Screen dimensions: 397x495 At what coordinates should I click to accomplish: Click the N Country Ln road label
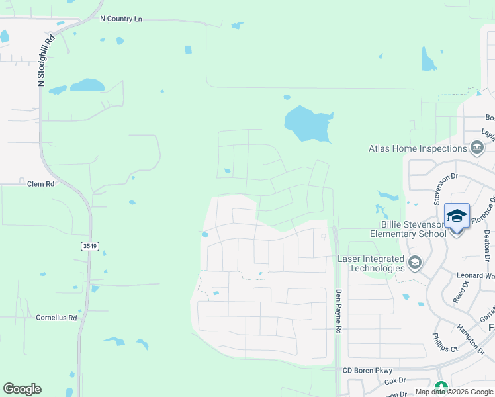(121, 19)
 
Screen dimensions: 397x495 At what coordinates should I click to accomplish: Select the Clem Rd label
(40, 183)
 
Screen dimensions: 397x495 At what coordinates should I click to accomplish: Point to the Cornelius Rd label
(56, 318)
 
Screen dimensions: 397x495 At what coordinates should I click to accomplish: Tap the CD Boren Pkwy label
(367, 370)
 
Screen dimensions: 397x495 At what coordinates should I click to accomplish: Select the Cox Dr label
(395, 380)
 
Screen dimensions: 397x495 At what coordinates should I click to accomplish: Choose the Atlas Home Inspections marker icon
(476, 147)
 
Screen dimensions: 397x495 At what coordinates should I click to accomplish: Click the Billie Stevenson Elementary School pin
(457, 218)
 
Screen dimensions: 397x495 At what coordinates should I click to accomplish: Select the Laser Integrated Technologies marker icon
(415, 263)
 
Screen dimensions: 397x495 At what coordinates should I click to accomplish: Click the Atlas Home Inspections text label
(417, 148)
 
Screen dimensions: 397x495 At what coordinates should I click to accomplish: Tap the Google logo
(22, 389)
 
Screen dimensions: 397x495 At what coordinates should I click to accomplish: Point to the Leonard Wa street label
(474, 275)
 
